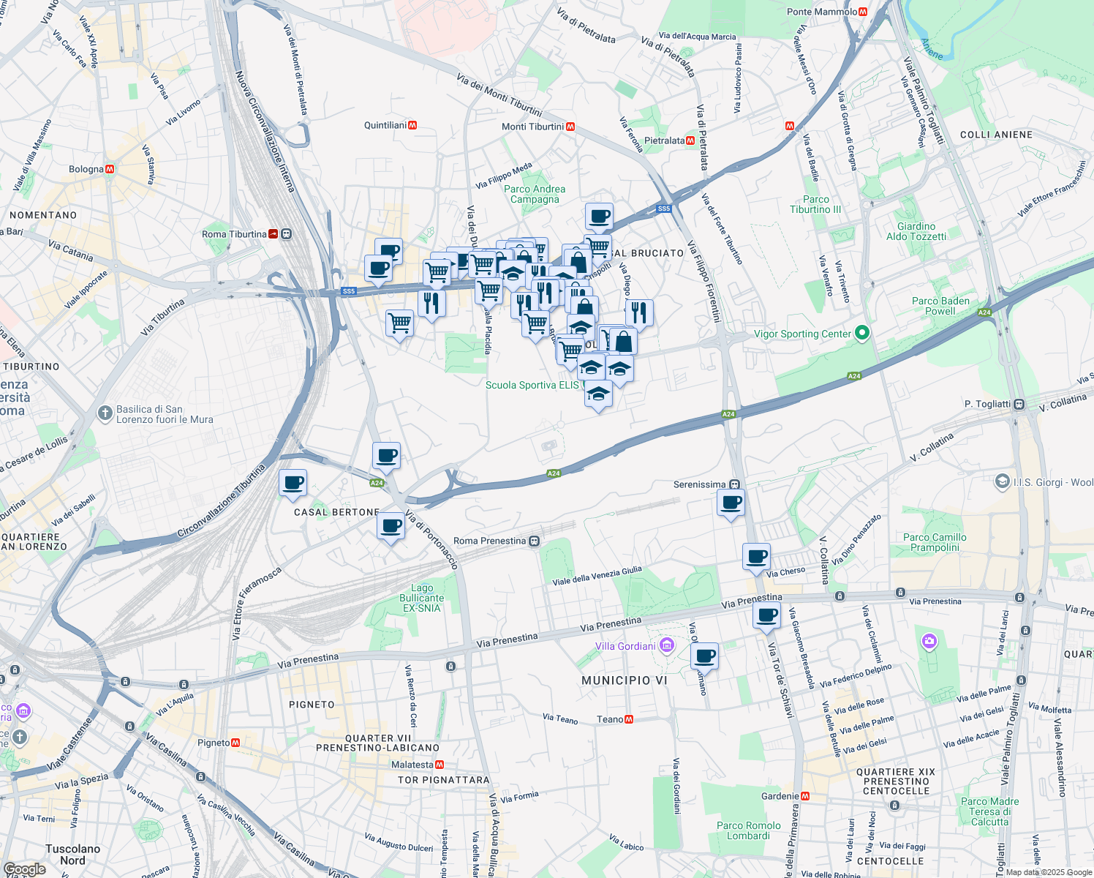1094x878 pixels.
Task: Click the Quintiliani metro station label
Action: (x=385, y=125)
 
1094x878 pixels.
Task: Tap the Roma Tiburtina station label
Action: (x=234, y=234)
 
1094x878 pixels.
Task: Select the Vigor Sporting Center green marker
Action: (x=862, y=334)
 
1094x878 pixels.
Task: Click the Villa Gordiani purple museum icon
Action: (x=666, y=645)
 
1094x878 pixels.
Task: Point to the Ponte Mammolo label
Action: (x=822, y=12)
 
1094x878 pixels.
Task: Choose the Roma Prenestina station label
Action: (x=489, y=541)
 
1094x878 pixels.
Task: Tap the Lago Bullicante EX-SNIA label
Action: (x=422, y=598)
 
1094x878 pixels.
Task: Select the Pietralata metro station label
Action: (x=664, y=140)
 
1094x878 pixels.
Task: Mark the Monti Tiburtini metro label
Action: (x=532, y=127)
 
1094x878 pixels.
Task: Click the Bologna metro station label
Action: (x=86, y=169)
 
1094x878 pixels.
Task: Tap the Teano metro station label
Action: (x=610, y=719)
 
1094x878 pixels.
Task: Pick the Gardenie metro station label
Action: (x=780, y=796)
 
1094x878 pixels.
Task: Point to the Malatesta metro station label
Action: (x=412, y=765)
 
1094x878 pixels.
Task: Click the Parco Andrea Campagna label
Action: (x=535, y=194)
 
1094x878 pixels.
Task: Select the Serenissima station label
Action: (x=700, y=484)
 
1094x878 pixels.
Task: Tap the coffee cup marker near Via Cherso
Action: (x=756, y=556)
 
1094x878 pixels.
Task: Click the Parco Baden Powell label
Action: (x=940, y=306)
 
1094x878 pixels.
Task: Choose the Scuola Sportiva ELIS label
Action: (x=532, y=385)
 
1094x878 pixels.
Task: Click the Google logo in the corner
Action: (x=25, y=869)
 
